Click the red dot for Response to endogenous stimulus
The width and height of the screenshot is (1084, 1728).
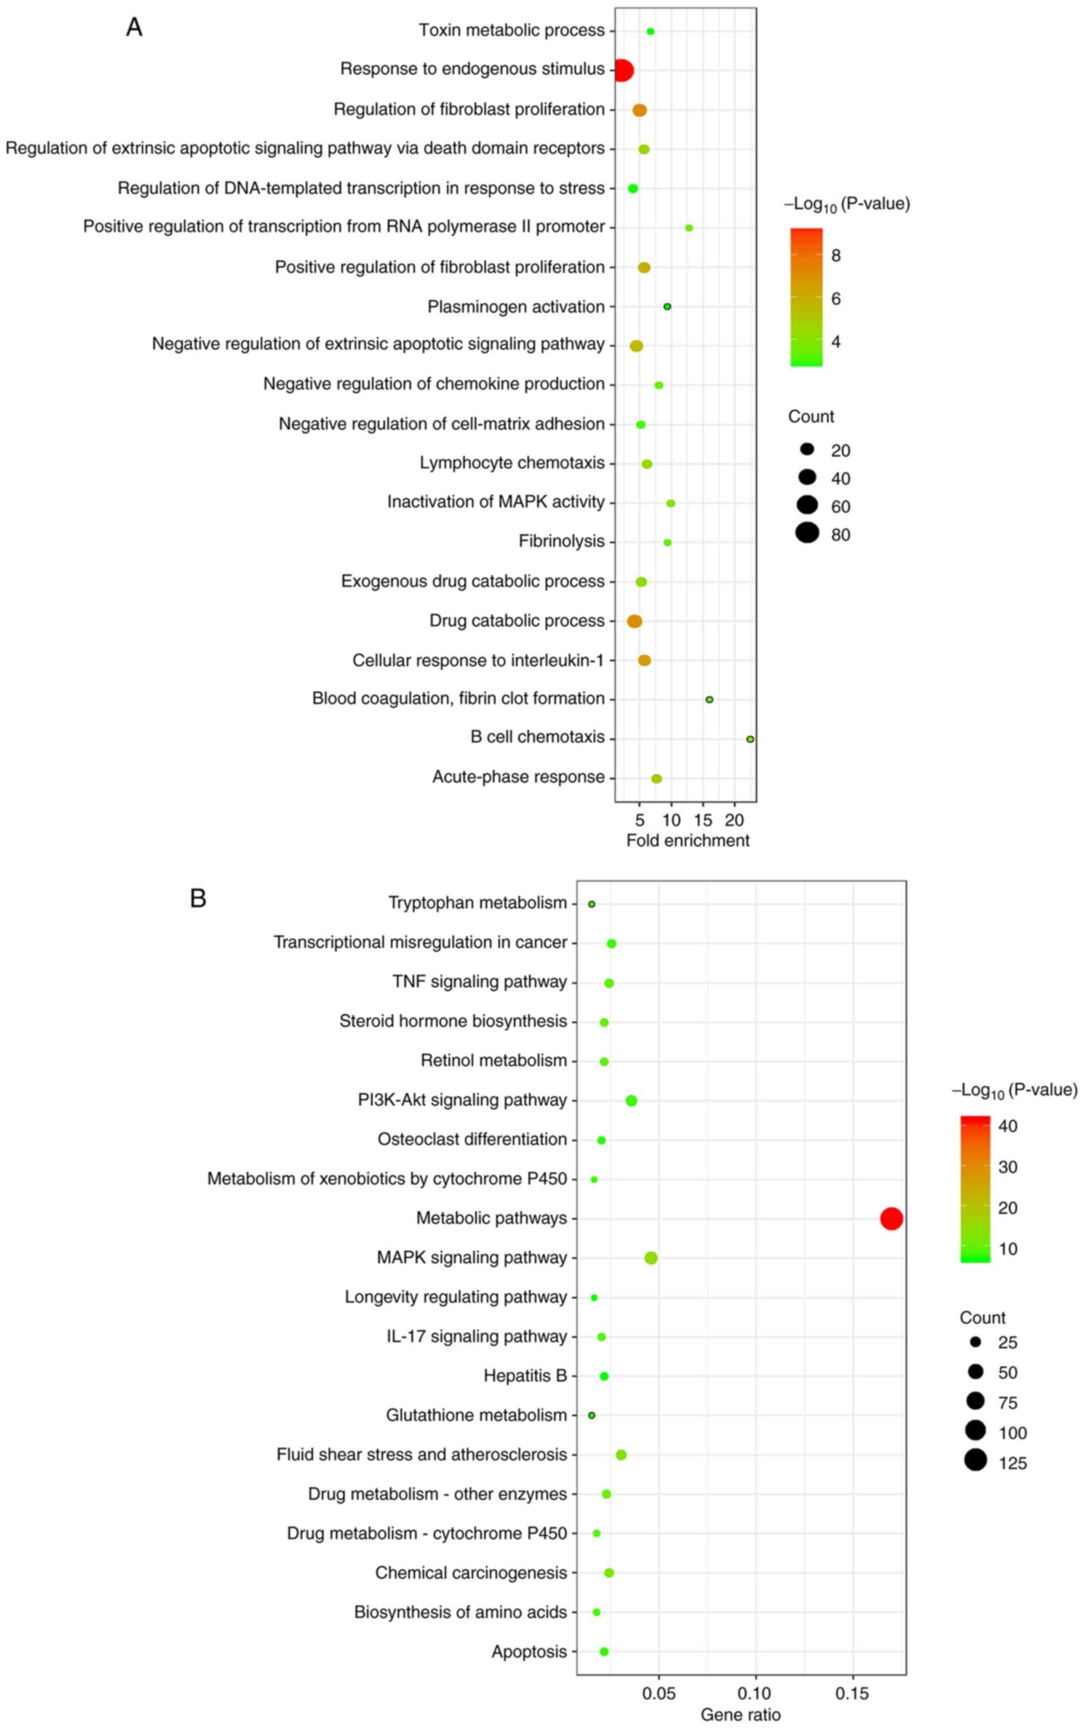coord(623,71)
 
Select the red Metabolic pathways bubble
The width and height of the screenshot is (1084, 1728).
coord(891,1218)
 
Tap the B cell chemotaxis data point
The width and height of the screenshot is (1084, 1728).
coord(750,739)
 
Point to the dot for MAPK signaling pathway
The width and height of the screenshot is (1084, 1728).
coord(651,1258)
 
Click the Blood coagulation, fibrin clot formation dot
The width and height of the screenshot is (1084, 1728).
coord(709,699)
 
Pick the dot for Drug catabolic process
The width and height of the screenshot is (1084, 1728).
coord(635,621)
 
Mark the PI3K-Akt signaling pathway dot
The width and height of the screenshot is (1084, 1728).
coord(631,1101)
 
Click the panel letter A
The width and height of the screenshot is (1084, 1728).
coord(134,27)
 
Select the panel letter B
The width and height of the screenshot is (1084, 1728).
coord(198,898)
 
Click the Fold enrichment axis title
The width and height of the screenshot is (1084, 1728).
coord(687,840)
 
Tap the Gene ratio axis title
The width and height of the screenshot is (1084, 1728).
coord(740,1714)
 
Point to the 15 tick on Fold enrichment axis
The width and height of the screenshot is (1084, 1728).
coord(703,820)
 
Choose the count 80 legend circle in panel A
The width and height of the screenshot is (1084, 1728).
coord(807,533)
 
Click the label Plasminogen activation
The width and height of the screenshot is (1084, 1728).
coord(516,307)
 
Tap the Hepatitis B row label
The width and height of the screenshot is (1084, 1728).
coord(525,1376)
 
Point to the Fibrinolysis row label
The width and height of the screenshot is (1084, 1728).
coord(562,541)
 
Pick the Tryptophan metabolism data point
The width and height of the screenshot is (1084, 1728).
coord(592,904)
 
